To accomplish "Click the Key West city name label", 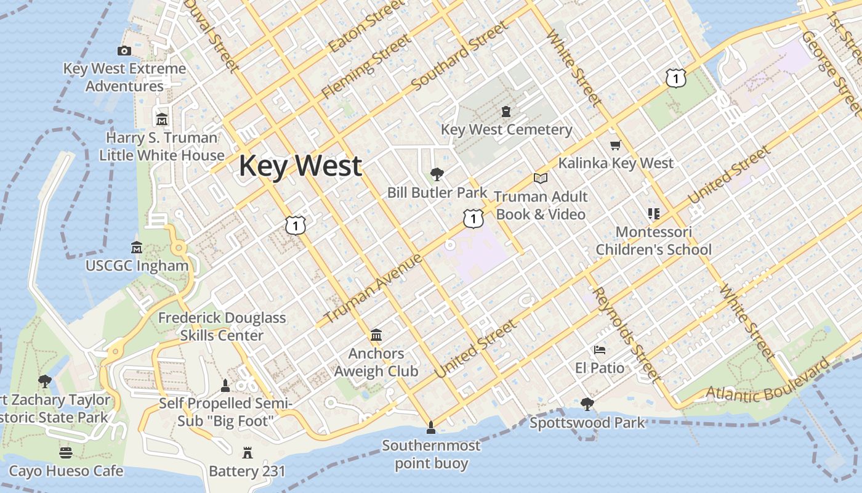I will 300,166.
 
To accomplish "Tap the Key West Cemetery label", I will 506,130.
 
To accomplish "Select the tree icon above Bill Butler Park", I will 437,174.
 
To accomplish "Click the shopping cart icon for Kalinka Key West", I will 615,145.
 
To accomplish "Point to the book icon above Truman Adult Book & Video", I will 541,179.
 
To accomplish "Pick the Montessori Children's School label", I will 653,241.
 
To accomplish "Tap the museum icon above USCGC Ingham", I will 137,248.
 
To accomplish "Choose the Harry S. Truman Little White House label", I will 162,147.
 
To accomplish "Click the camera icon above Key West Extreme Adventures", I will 124,51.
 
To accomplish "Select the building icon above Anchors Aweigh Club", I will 376,335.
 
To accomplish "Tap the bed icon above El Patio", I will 600,350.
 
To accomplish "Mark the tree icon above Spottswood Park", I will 587,404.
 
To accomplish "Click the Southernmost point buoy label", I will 431,454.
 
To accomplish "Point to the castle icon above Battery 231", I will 248,454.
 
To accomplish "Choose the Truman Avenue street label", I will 373,288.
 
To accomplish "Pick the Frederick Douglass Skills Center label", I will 222,327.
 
